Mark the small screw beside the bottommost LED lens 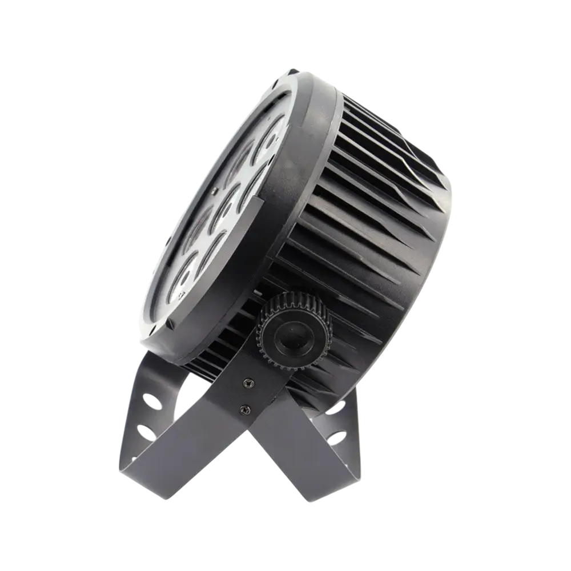182,292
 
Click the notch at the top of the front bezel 295,73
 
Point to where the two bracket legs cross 228,434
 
